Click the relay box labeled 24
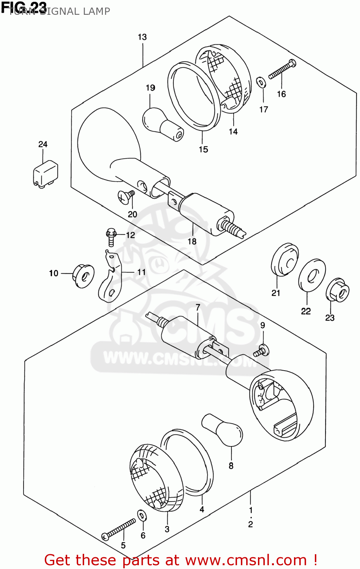tap(46, 173)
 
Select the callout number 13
tap(142, 37)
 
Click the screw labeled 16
tap(282, 70)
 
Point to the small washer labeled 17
tap(261, 82)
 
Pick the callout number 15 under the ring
tap(203, 149)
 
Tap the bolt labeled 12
tap(111, 236)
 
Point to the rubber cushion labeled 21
tap(285, 260)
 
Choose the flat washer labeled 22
tap(312, 276)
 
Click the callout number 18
tap(192, 241)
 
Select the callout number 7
tap(198, 307)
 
